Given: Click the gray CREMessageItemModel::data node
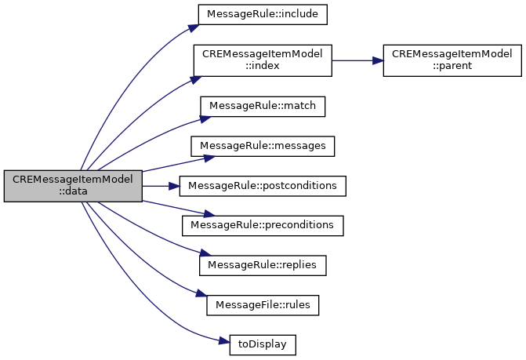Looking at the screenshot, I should click(74, 186).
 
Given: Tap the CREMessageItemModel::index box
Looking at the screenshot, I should click(263, 60).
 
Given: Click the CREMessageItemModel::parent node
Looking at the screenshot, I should click(452, 60).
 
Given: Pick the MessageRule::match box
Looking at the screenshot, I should click(263, 104).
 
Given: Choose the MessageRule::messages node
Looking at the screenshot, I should click(263, 146).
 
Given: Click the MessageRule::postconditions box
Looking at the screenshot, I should click(263, 186).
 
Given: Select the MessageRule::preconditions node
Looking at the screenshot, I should click(263, 225).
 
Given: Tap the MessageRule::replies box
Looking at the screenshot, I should click(263, 265).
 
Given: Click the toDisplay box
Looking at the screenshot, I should click(263, 344).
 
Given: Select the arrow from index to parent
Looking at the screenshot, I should click(357, 60).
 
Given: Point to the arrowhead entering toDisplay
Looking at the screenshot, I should click(223, 340).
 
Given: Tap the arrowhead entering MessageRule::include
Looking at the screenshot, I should click(191, 27).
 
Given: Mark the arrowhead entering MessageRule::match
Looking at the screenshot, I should click(205, 118).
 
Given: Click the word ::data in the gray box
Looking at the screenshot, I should click(74, 192).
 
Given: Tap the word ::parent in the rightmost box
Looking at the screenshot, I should click(452, 66).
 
